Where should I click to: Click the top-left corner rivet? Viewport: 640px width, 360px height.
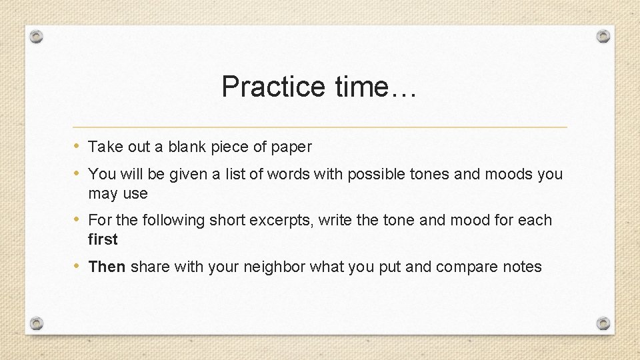pos(37,37)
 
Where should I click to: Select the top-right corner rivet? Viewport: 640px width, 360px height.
pos(603,36)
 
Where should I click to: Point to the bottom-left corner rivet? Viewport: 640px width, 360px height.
pos(37,323)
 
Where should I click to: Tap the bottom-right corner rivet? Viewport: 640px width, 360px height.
pos(603,323)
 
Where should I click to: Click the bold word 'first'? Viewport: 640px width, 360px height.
pos(103,239)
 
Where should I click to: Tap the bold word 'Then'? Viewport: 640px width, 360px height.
pos(107,267)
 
